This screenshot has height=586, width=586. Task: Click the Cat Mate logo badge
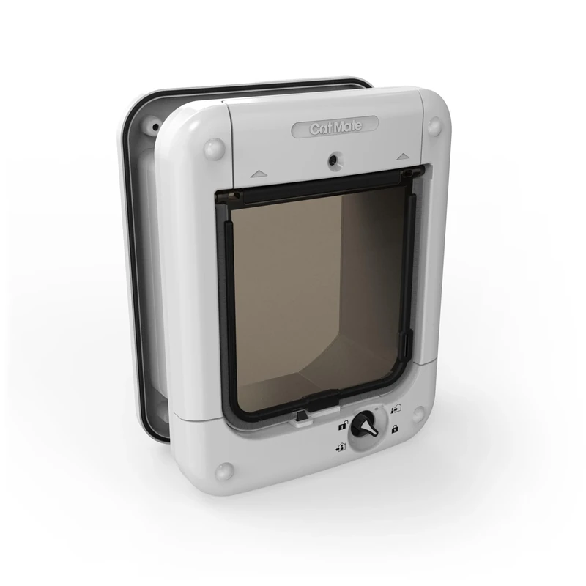335,127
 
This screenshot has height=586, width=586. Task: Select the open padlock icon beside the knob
342,424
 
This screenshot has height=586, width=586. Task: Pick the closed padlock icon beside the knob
394,429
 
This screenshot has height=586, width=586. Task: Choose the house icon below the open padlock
341,446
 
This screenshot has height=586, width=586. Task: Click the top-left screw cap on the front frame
214,149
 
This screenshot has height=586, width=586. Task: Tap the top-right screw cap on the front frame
434,126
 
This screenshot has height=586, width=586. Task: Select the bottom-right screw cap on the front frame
418,412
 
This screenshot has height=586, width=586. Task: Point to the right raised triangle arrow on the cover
401,156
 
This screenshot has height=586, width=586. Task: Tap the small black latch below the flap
300,418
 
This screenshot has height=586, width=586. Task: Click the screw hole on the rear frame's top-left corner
155,126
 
